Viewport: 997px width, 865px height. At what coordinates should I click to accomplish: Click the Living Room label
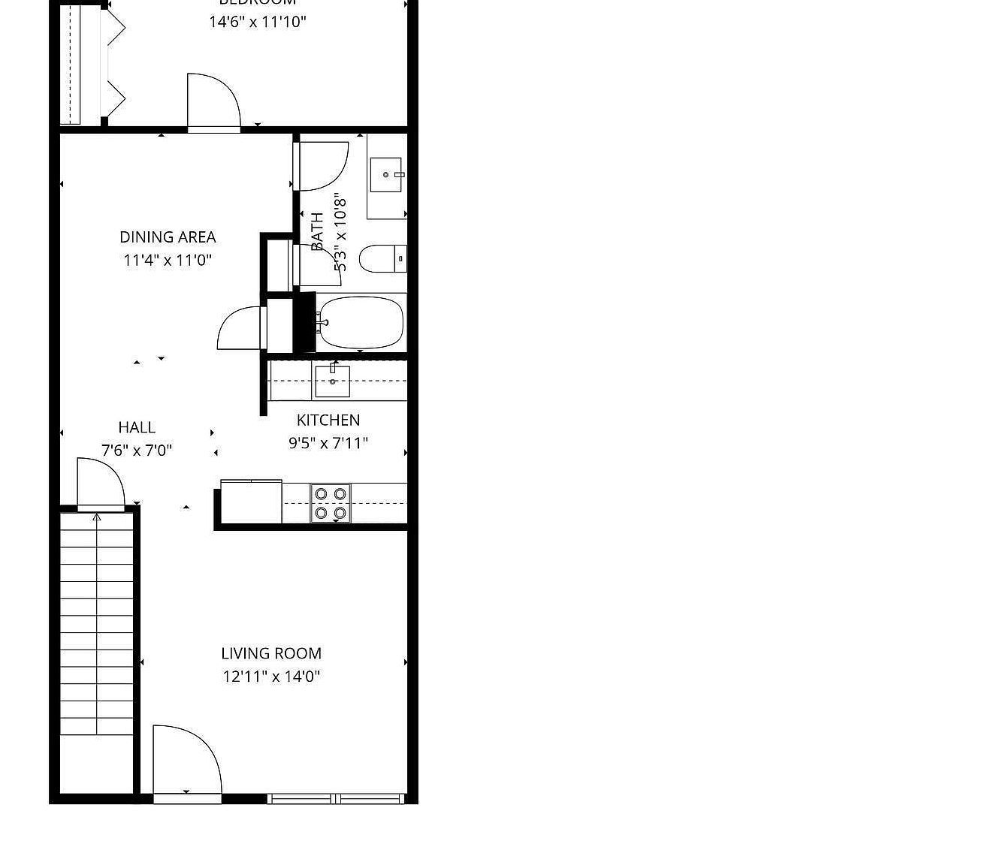click(x=271, y=653)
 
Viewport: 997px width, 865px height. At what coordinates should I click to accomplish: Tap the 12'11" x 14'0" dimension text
click(x=271, y=677)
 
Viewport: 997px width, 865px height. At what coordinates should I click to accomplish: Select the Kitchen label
click(x=328, y=420)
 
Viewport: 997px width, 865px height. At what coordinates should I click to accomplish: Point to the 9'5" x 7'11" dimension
click(x=328, y=443)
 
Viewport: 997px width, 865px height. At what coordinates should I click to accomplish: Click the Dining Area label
click(x=168, y=237)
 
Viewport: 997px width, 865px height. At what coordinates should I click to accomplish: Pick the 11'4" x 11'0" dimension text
click(x=168, y=261)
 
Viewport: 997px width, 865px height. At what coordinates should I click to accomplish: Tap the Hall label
click(x=137, y=427)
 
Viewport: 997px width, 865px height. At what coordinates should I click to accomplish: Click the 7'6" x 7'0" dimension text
click(x=137, y=451)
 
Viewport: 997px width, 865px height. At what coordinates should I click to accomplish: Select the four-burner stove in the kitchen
click(x=331, y=503)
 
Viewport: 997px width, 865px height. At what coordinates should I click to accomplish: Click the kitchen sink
click(x=332, y=381)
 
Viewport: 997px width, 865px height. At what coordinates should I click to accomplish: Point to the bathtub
click(x=361, y=323)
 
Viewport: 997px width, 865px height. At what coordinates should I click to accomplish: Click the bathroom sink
click(x=386, y=175)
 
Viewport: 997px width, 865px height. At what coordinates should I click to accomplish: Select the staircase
click(x=97, y=623)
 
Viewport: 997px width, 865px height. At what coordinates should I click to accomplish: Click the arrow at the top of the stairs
click(x=97, y=517)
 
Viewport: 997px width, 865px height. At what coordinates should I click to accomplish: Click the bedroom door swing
click(x=213, y=101)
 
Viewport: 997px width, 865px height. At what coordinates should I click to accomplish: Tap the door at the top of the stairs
click(x=100, y=484)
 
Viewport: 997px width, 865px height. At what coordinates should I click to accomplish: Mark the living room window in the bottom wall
click(x=337, y=798)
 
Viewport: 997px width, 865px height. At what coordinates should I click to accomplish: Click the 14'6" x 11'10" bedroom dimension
click(x=258, y=22)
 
